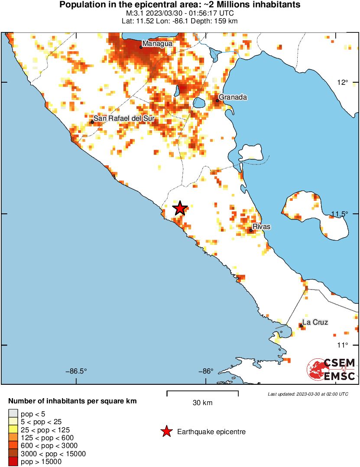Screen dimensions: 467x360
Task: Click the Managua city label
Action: click(x=157, y=44)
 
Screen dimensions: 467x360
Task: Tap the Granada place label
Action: click(x=233, y=97)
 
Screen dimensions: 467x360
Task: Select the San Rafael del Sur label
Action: click(x=124, y=118)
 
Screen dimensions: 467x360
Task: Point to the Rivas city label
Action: click(x=262, y=227)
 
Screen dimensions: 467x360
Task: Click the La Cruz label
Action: click(x=315, y=322)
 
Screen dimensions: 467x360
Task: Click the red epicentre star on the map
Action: click(x=180, y=209)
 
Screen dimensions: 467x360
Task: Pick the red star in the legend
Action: click(x=166, y=432)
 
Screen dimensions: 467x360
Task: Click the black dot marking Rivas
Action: click(x=251, y=230)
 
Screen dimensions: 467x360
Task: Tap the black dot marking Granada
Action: click(x=217, y=100)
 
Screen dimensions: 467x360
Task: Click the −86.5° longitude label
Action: click(x=76, y=371)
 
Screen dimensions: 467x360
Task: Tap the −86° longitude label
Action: click(x=206, y=371)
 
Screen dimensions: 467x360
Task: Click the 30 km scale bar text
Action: click(x=202, y=403)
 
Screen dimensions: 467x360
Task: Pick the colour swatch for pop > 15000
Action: click(x=13, y=461)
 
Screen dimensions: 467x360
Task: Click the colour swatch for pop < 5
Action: click(x=13, y=414)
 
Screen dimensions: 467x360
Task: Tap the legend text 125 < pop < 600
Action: click(x=43, y=438)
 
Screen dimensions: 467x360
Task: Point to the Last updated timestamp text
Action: click(x=308, y=394)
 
